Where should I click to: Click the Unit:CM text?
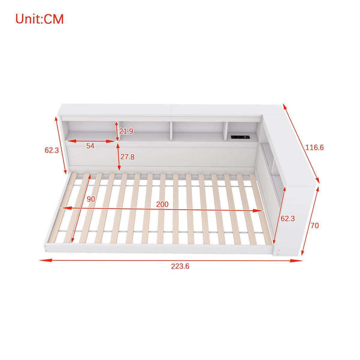39,19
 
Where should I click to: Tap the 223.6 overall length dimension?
180,266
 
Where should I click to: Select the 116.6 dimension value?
314,148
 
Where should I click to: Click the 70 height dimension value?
315,226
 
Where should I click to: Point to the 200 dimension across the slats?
162,204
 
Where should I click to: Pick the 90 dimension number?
91,199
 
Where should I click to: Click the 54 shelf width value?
90,146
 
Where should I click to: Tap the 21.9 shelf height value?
126,131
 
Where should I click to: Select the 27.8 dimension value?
127,157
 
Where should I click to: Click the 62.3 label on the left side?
52,150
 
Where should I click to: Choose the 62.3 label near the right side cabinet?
288,218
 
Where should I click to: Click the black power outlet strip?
240,137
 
